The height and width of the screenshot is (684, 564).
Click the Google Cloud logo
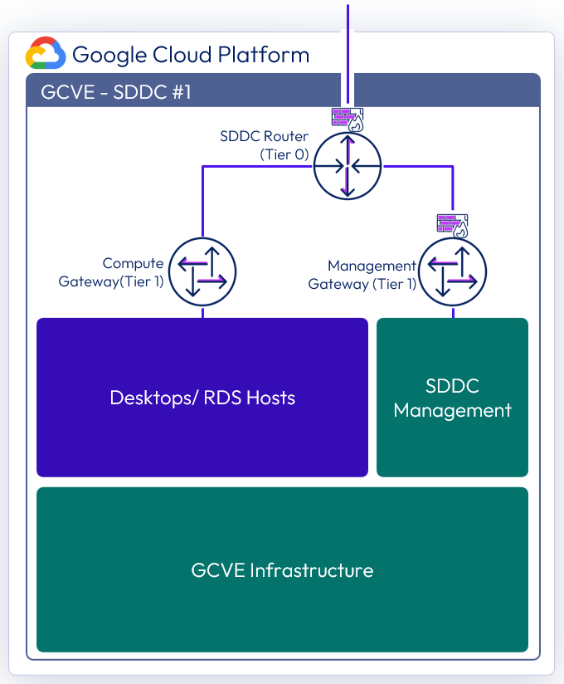[46, 54]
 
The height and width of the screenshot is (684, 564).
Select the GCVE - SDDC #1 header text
[116, 91]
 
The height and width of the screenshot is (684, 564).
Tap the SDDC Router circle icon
[348, 166]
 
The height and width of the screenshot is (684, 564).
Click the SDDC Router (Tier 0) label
[265, 145]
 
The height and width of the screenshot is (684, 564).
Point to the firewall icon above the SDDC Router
[348, 120]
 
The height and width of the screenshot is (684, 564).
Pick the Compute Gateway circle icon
[202, 270]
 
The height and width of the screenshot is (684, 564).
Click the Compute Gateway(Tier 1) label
[111, 272]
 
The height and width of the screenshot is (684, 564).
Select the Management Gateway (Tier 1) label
[362, 275]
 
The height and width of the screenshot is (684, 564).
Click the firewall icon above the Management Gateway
[453, 225]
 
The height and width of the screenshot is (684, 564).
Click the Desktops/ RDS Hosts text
[202, 398]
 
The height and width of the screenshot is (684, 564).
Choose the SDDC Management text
[452, 398]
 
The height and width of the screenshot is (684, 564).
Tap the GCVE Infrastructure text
[282, 570]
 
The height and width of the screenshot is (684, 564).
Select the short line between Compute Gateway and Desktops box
[202, 311]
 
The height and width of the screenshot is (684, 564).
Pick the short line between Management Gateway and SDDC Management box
[453, 312]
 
